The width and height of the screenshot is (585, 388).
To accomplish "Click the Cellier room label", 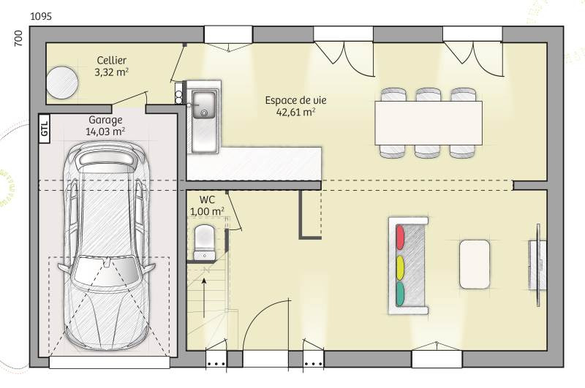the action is point(111,60).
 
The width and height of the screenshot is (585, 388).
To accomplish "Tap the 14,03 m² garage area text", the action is point(105,132).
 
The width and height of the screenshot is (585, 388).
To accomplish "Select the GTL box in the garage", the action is point(45,128).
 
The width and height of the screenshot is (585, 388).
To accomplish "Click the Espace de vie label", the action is point(295,100).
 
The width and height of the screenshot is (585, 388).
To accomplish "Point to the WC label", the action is point(207,199).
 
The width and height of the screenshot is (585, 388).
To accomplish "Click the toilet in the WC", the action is point(204,242).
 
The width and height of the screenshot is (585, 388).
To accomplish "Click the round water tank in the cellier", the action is point(62,83).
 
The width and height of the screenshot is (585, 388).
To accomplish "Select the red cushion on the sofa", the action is point(400,237).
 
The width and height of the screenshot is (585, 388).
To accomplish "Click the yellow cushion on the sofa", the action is point(400,267).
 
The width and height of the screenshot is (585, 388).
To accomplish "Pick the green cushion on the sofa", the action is point(400,294).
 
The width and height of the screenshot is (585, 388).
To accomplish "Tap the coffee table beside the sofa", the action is point(475,265).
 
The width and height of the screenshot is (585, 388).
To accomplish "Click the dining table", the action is point(429,123).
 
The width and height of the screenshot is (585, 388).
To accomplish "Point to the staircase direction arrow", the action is point(204,298).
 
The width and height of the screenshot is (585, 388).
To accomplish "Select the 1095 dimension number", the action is point(41,16).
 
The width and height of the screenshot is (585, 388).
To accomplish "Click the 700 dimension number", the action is point(18,39).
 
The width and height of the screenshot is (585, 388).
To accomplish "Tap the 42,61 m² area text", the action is point(296,113).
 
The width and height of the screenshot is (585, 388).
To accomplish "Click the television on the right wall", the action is point(538,265).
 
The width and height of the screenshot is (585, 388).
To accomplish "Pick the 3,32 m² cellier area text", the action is point(112,72).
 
